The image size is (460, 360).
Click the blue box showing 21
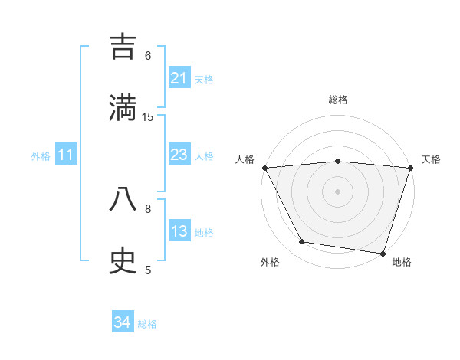(x=179, y=78)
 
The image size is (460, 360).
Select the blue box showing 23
(x=179, y=155)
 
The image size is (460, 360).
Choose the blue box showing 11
(x=66, y=155)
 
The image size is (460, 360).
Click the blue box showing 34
(x=123, y=323)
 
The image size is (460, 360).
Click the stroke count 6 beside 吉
(x=148, y=55)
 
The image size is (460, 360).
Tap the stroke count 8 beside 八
(x=148, y=208)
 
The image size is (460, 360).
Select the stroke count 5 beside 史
(x=148, y=270)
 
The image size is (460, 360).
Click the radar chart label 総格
(x=338, y=100)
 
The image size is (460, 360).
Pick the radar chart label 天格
(x=432, y=159)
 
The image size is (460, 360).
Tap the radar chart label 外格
(x=270, y=262)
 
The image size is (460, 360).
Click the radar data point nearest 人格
(x=264, y=168)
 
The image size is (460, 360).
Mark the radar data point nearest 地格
(x=383, y=253)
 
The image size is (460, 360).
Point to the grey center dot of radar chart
(x=337, y=191)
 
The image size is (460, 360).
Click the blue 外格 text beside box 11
(x=41, y=156)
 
